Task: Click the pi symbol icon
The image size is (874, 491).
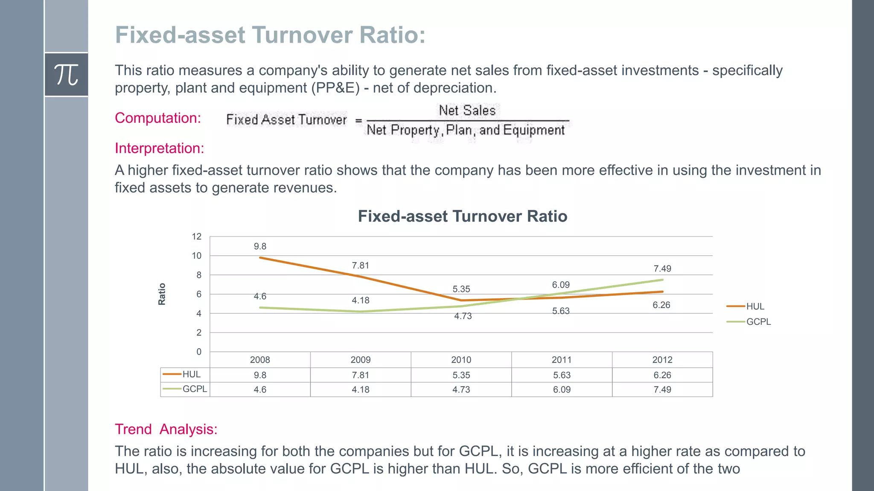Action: tap(66, 75)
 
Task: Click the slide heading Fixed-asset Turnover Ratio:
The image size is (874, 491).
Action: tap(270, 35)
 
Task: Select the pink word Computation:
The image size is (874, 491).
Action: tap(158, 118)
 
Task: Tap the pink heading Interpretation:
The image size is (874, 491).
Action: tap(160, 148)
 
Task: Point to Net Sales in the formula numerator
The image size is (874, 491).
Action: tap(467, 110)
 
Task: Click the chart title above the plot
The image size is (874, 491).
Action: tap(462, 217)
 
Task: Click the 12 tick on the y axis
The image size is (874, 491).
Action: tap(196, 237)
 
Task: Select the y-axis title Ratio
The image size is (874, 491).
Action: tap(162, 294)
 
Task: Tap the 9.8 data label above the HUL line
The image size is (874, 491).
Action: tap(260, 246)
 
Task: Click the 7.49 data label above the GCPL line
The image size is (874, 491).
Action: tap(662, 269)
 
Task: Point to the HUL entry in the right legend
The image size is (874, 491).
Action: tap(755, 306)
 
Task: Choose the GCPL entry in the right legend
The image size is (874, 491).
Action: tap(758, 322)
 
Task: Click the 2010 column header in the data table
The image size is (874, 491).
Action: tap(461, 360)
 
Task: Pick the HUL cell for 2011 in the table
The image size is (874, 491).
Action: tap(562, 375)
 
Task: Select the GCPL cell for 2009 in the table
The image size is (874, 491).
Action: tap(360, 390)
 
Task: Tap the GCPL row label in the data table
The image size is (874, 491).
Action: tap(194, 389)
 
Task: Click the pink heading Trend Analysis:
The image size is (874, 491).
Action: tap(166, 429)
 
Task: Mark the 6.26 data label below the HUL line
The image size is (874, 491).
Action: tap(661, 305)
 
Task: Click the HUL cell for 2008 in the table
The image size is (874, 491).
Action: tap(260, 375)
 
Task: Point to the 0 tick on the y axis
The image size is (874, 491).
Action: tap(198, 352)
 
